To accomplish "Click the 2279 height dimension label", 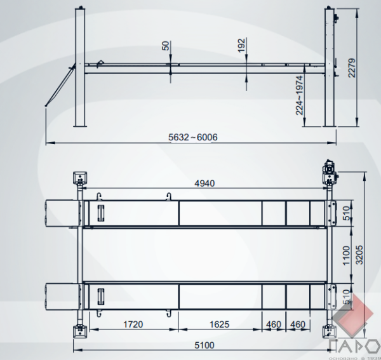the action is point(352,67).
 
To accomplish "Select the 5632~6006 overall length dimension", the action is point(193,137).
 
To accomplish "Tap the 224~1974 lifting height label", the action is point(299,95).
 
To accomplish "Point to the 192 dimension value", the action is point(241,45).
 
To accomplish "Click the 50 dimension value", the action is point(166,46).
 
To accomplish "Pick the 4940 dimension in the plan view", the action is point(204,183).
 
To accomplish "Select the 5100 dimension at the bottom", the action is point(204,345).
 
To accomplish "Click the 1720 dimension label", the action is point(133,324).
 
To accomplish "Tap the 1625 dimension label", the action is point(219,324).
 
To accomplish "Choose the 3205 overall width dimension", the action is point(359,255).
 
